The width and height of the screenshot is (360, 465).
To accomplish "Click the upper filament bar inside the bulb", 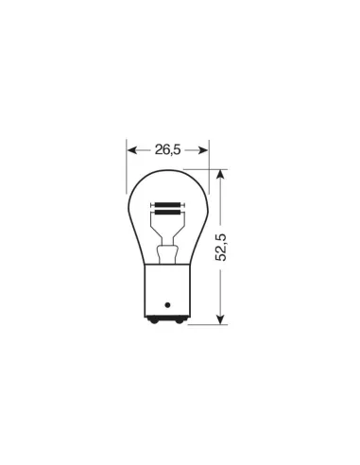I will (x=167, y=203).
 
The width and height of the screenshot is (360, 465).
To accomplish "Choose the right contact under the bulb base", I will (x=179, y=324).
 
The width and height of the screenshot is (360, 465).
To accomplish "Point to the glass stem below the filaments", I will (x=167, y=250).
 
